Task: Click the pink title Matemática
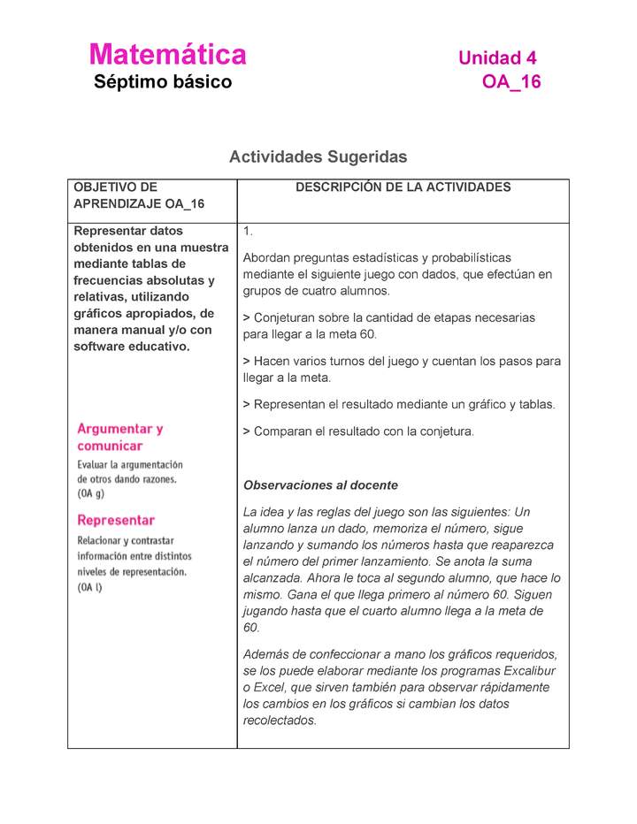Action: (x=167, y=55)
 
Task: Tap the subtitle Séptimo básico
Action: (x=163, y=83)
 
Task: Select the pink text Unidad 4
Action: (x=497, y=58)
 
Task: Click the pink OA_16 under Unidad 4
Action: (x=510, y=83)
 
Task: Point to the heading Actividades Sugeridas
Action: (x=318, y=157)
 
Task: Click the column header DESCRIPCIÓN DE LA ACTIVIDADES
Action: (x=403, y=187)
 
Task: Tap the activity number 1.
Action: (x=249, y=232)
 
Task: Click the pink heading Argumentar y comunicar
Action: (x=119, y=437)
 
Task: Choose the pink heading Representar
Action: (x=116, y=520)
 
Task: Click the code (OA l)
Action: (x=90, y=587)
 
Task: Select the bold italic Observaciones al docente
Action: (x=320, y=485)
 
